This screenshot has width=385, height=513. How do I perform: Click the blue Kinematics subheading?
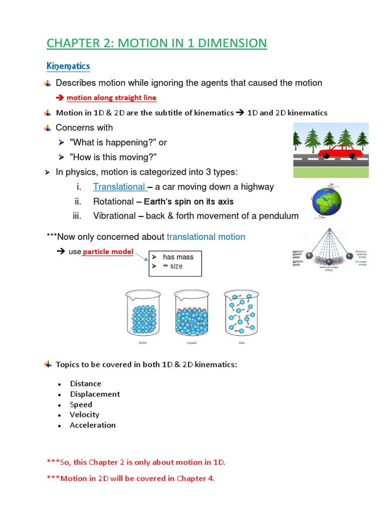68,66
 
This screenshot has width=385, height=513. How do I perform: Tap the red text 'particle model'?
108,251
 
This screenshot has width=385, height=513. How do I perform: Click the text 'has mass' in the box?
178,257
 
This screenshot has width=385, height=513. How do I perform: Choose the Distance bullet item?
86,384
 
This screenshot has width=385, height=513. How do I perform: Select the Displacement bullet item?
95,394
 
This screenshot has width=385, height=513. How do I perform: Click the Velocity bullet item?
85,415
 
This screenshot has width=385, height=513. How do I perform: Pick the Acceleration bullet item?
93,425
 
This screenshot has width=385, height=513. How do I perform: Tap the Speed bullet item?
81,405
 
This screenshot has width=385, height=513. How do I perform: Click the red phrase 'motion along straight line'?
111,98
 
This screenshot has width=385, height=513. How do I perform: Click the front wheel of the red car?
352,156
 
